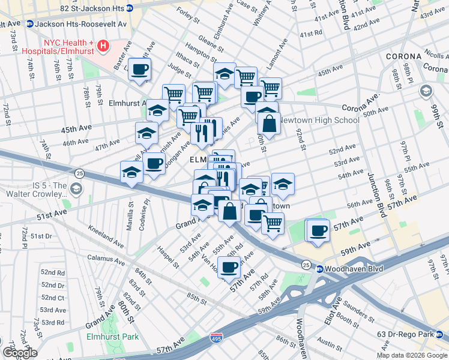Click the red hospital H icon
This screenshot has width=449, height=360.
pyautogui.click(x=103, y=45)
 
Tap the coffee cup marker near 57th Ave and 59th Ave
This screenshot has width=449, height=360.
pyautogui.click(x=318, y=230)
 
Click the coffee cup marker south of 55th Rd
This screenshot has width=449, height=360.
pyautogui.click(x=229, y=267)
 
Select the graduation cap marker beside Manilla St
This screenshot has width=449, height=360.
pyautogui.click(x=131, y=173)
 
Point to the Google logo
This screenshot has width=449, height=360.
pyautogui.click(x=19, y=353)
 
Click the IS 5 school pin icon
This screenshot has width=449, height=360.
pyautogui.click(x=76, y=190)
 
